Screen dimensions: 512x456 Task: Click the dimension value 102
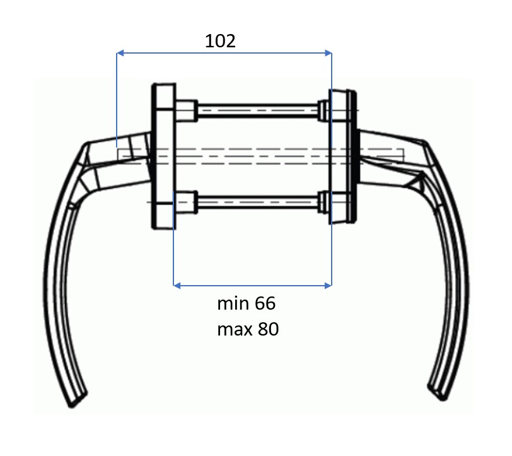[220, 41]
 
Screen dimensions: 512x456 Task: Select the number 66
[265, 303]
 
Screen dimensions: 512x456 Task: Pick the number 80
[268, 329]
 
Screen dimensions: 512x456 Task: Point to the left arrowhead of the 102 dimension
[120, 53]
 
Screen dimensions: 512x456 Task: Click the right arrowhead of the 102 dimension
[328, 53]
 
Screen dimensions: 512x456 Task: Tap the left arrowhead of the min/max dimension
[177, 286]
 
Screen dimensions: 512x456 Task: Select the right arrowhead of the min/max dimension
[328, 286]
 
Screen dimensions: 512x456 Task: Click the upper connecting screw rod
[258, 111]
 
